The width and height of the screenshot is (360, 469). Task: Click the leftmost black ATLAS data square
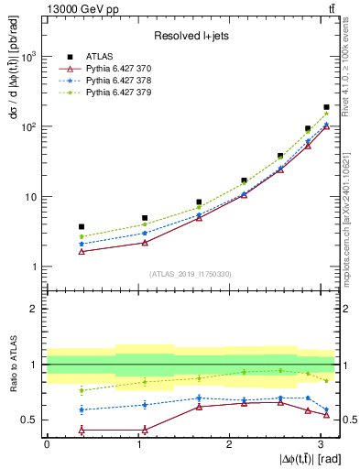82,226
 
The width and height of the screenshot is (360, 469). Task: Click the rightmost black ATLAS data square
326,107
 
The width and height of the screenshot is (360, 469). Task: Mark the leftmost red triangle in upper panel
82,251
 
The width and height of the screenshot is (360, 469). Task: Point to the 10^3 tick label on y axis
27,57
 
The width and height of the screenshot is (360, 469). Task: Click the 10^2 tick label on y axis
27,126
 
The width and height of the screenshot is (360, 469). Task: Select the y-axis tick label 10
29,197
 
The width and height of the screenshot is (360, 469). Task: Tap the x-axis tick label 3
320,443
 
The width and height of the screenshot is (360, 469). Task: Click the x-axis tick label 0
47,443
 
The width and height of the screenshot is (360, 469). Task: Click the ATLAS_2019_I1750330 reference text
191,274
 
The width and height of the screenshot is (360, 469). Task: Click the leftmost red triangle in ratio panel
82,430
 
